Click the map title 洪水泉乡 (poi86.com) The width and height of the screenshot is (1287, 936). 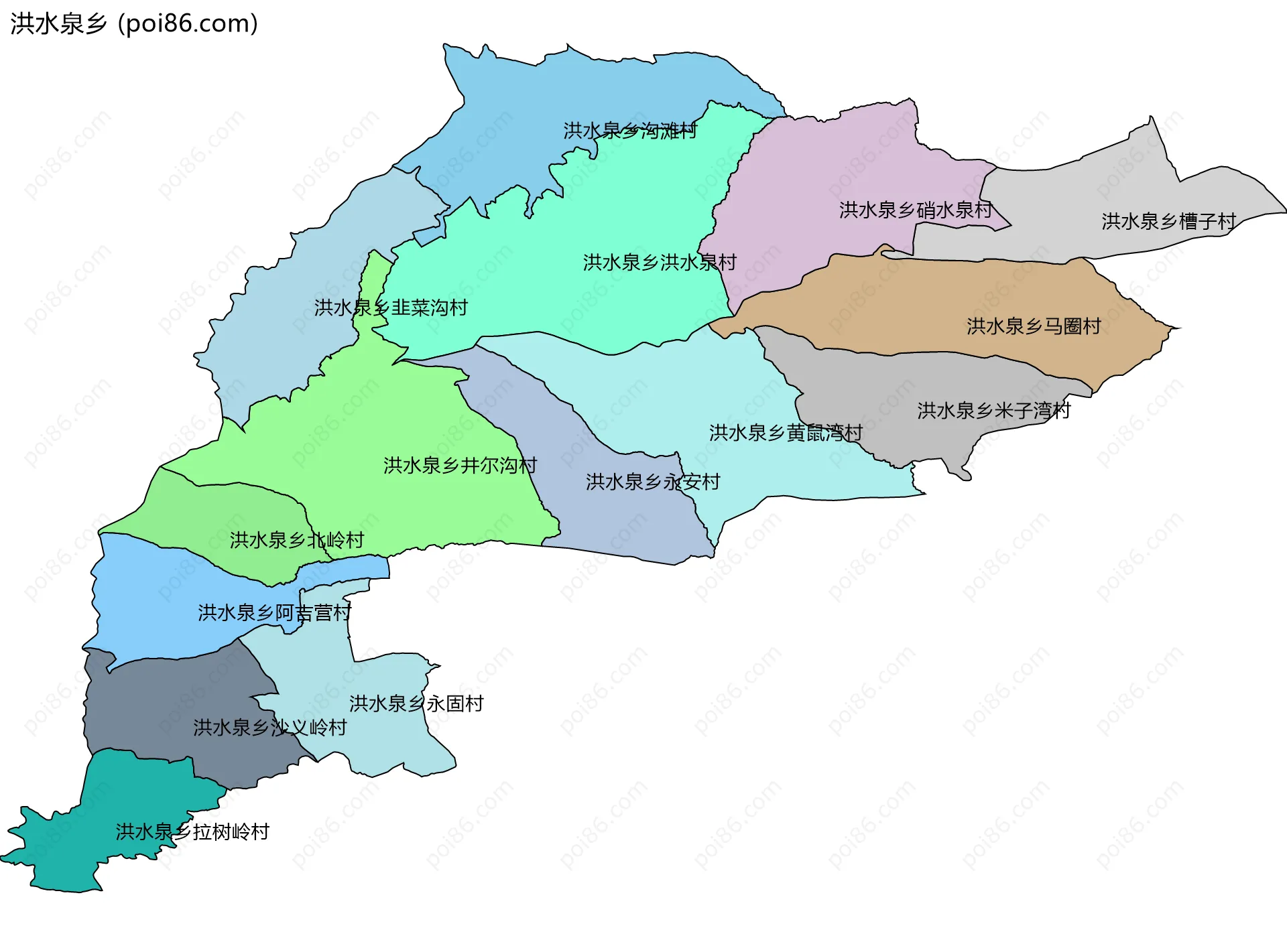pos(134,24)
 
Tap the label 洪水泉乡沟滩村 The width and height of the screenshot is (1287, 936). pos(630,131)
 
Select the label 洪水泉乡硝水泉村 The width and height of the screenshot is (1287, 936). pos(915,210)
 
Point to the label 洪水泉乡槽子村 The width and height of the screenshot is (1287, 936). pos(1168,222)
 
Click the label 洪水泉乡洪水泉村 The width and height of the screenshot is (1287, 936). pos(660,263)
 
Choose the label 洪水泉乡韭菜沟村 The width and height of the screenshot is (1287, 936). pos(391,308)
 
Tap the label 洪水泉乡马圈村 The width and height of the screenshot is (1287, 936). pos(1034,326)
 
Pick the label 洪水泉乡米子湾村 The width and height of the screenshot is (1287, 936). pos(993,411)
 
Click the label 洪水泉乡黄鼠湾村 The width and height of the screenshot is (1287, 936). pos(786,433)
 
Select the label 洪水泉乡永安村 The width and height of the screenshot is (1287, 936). pos(653,482)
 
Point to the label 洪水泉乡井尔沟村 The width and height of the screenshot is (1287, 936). pos(460,466)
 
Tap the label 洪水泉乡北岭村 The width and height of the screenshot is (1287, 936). pos(296,541)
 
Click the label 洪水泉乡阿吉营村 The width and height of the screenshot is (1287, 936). pos(274,613)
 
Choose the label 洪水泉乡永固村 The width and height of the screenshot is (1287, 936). pos(416,704)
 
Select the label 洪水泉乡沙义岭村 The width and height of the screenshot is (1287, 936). pos(269,728)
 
